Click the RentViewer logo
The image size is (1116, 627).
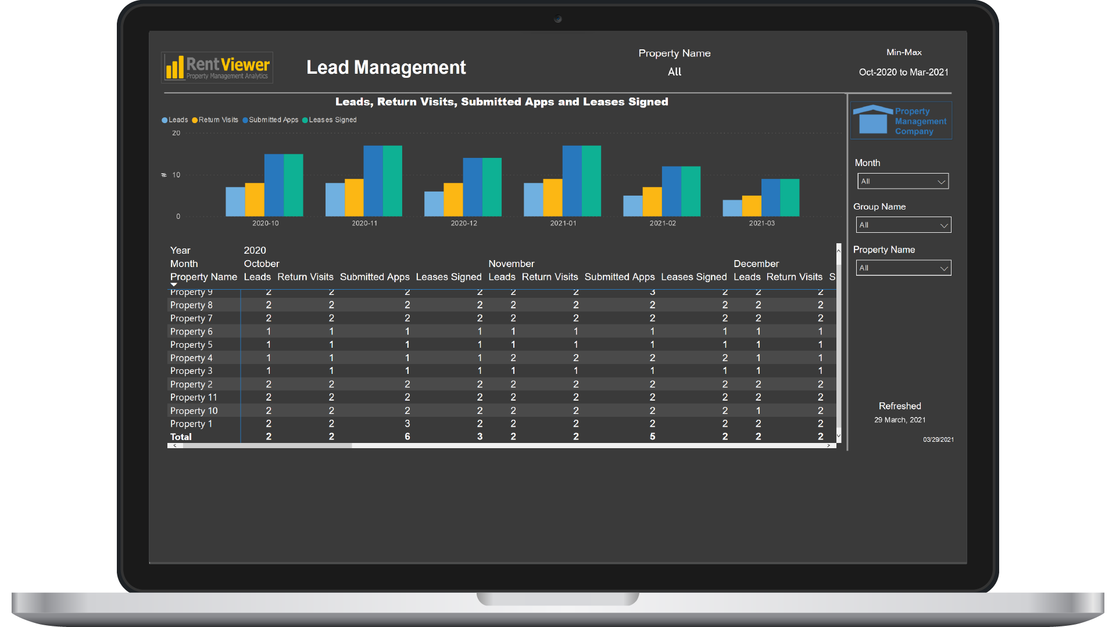pos(217,68)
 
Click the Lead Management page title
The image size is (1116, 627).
pos(386,67)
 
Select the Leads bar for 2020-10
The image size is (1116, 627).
pos(235,201)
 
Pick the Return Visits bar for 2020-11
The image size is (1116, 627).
pos(354,197)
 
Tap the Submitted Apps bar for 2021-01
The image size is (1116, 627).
pos(572,181)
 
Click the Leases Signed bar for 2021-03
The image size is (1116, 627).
pos(789,197)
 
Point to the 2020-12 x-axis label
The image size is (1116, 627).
pos(464,224)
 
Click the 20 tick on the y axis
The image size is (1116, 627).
pos(176,134)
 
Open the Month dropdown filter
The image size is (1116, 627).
pos(903,182)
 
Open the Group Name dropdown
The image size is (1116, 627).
pos(903,225)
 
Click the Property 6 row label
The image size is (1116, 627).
pos(191,331)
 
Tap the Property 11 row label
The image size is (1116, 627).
pos(194,398)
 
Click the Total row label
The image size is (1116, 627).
pos(181,437)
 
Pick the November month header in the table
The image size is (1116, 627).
pos(511,264)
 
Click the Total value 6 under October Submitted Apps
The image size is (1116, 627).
pos(407,437)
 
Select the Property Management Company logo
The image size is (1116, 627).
pos(901,121)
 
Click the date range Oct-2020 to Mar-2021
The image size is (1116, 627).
pos(903,73)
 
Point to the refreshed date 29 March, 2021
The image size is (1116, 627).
pos(900,420)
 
